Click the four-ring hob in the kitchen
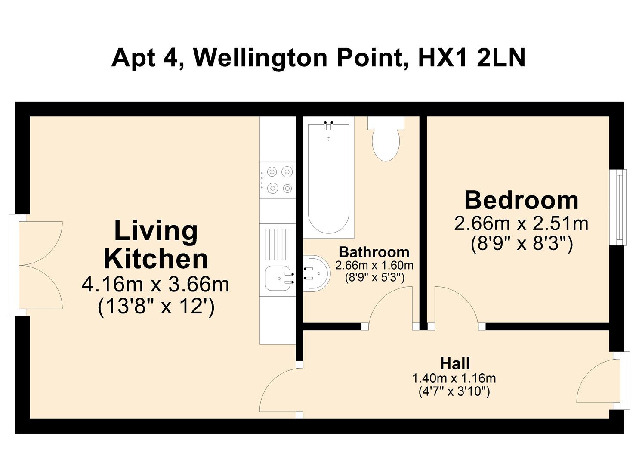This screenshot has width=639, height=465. [x=278, y=180]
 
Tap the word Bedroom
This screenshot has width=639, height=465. [x=521, y=200]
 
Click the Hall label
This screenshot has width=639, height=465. [x=454, y=363]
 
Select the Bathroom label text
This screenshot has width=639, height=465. [x=374, y=252]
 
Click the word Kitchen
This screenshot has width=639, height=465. [x=156, y=259]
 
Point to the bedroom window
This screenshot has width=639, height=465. [x=619, y=207]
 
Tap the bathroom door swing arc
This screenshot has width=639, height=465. [x=389, y=306]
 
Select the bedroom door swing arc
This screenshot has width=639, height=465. [x=456, y=306]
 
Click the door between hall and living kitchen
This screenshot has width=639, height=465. [x=280, y=390]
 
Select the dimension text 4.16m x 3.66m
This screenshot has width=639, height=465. [x=155, y=285]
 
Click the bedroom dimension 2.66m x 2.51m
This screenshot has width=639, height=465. [x=521, y=223]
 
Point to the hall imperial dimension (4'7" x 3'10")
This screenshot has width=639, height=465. [x=454, y=392]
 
